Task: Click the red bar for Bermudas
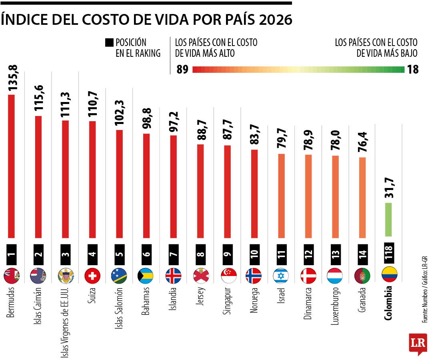[12, 166]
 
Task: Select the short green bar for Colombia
[388, 219]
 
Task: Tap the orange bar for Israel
[281, 196]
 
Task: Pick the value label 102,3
[119, 114]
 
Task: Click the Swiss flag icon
[92, 276]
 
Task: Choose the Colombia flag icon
[390, 276]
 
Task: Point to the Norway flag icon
[254, 276]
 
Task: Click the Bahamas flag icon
[146, 276]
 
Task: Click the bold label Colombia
[388, 303]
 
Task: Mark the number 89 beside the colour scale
[182, 70]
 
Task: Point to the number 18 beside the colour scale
[413, 70]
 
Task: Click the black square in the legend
[109, 42]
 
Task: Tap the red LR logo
[418, 343]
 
